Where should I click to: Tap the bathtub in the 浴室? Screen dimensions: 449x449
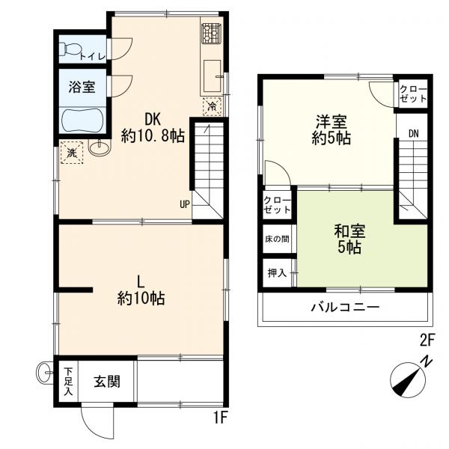pos(83,120)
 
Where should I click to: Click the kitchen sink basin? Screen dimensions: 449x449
pos(213,76)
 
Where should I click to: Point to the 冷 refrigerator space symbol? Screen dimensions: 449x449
pos(213,106)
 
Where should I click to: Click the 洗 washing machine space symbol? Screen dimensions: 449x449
pos(72,153)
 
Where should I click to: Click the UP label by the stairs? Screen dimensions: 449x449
pos(185,204)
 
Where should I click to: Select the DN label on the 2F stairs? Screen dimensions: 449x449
pos(413,134)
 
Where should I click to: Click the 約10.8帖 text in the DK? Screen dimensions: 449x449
pos(153,136)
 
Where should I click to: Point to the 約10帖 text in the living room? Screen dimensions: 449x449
pos(141,299)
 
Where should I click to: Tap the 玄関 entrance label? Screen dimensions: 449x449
pos(107,382)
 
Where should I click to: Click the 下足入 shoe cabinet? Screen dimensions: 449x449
pos(68,381)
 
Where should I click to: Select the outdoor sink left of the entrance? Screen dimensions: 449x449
pos(44,372)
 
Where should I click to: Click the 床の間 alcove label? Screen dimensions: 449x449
pos(277,239)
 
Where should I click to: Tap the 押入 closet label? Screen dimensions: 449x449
pos(277,273)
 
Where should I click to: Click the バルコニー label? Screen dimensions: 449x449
pos(345,308)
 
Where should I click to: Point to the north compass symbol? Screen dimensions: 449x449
pos(408,380)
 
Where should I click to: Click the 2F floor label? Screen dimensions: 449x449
pos(427,340)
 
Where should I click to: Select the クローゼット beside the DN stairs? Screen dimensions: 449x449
pos(413,94)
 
